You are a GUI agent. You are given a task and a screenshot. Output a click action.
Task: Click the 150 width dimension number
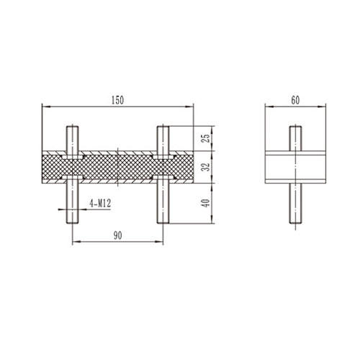pos(117,100)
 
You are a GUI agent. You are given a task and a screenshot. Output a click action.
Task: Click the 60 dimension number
pos(295,100)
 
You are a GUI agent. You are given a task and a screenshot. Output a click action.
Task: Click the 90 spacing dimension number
pos(117,235)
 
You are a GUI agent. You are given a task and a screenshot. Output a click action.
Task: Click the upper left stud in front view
pos(73,138)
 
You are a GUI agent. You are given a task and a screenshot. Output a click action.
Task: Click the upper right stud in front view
pos(163,138)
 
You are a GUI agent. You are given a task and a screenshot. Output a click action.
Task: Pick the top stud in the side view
pos(295,138)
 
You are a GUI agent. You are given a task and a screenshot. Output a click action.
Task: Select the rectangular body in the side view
pos(295,167)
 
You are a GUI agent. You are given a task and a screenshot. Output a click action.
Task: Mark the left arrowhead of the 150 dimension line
pos(43,107)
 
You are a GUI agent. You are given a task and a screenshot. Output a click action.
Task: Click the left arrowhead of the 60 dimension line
pos(269,107)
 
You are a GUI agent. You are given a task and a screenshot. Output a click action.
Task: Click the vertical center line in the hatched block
pos(117,166)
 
